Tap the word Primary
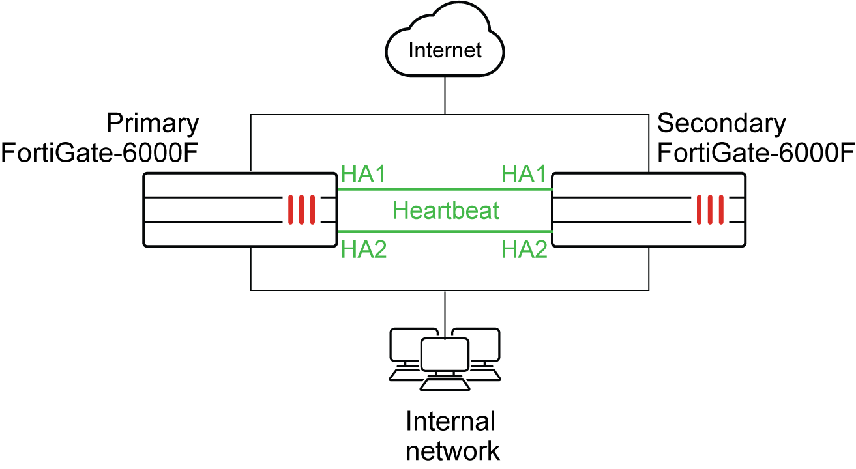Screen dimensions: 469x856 click(x=153, y=123)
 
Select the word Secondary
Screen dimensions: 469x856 click(x=722, y=123)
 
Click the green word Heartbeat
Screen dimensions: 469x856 click(x=446, y=210)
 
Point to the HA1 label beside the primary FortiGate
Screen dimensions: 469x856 click(x=364, y=174)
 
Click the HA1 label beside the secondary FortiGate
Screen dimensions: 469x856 click(x=524, y=174)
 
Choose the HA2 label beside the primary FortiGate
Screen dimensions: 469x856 click(x=364, y=249)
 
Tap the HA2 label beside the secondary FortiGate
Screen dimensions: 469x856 click(x=524, y=249)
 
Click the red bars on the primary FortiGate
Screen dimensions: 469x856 click(x=303, y=209)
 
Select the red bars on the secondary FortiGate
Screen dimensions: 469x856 click(x=710, y=209)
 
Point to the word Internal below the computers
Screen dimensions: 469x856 click(x=450, y=421)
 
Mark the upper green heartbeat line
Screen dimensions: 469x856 click(x=445, y=190)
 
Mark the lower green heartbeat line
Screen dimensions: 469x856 click(x=445, y=231)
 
